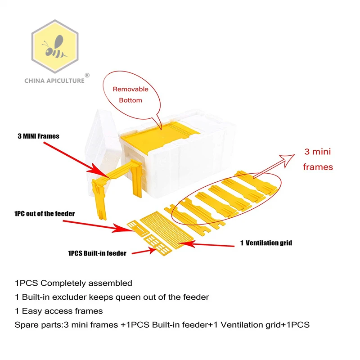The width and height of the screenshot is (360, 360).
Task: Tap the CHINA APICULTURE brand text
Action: click(x=54, y=81)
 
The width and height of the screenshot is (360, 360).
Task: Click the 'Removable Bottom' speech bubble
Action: click(x=130, y=94)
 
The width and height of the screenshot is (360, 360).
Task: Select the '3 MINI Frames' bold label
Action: click(x=39, y=136)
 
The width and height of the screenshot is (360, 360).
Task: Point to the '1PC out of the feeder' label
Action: click(x=44, y=213)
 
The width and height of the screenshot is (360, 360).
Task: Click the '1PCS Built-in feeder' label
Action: click(x=97, y=253)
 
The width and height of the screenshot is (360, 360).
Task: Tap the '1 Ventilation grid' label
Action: click(x=266, y=243)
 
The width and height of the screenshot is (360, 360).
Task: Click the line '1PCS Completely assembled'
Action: click(x=74, y=283)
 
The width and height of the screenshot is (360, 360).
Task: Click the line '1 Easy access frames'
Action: click(x=59, y=311)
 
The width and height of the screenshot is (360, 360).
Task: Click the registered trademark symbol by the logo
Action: click(x=87, y=75)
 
